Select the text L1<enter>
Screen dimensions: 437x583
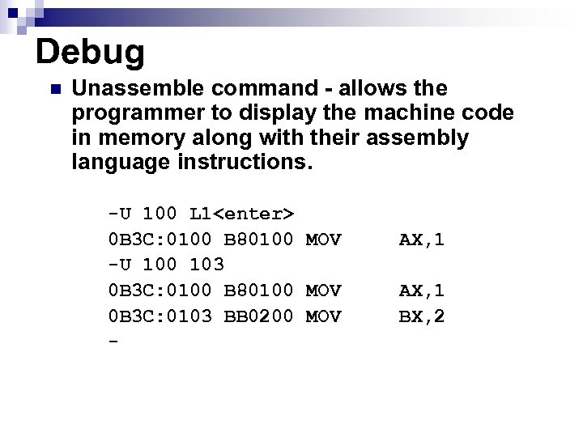tap(241, 214)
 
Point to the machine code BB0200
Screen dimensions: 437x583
tap(261, 315)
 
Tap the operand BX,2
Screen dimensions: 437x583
tap(421, 315)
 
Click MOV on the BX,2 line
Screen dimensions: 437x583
tap(323, 315)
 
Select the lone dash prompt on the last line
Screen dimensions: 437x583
tap(112, 340)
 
